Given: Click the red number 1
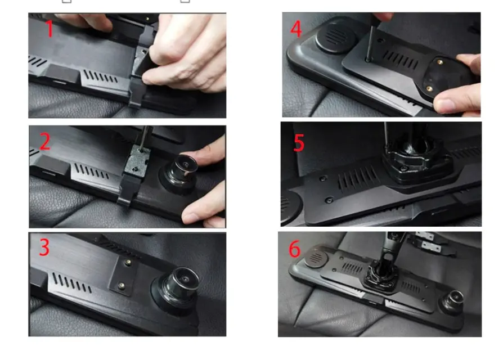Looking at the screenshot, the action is pyautogui.click(x=50, y=29).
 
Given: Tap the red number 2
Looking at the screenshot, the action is pyautogui.click(x=45, y=141).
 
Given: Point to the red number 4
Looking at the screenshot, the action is pyautogui.click(x=296, y=29).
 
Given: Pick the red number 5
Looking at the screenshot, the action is pyautogui.click(x=299, y=143).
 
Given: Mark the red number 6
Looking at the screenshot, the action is pyautogui.click(x=294, y=249).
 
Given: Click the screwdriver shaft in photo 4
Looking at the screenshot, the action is pyautogui.click(x=370, y=43).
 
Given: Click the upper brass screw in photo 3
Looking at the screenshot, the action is pyautogui.click(x=128, y=263).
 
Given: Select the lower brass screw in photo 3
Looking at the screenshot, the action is pyautogui.click(x=121, y=285).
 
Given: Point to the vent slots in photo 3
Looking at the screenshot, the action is pyautogui.click(x=71, y=283).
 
